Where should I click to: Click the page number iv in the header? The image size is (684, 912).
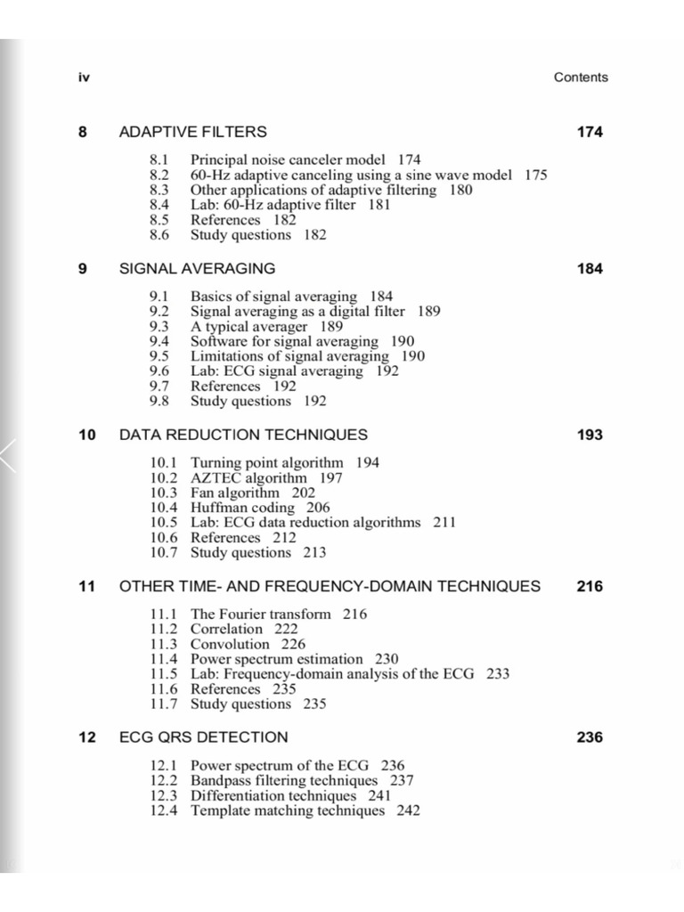pos(84,77)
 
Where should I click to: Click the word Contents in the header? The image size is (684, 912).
pos(581,77)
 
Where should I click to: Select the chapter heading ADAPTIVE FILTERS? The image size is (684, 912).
pos(192,132)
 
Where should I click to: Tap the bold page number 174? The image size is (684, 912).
pos(590,132)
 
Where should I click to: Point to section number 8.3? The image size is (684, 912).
pos(159,190)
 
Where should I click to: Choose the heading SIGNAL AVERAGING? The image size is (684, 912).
pos(197,268)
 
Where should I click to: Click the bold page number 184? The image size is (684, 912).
pos(590,268)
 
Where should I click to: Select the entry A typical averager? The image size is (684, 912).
pos(248,326)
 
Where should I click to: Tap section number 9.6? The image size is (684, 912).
pos(159,371)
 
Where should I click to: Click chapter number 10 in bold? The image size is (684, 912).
pos(86,435)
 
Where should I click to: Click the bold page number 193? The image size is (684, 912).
pos(590,435)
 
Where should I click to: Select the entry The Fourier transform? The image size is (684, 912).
pos(260,615)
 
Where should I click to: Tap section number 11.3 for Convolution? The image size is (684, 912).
pos(164,645)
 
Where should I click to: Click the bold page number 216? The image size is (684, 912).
pos(590,586)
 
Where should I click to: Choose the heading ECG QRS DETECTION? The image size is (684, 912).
pos(203,737)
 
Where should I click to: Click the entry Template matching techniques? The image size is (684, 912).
pos(288,811)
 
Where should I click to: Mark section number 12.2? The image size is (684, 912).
pos(164,781)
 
